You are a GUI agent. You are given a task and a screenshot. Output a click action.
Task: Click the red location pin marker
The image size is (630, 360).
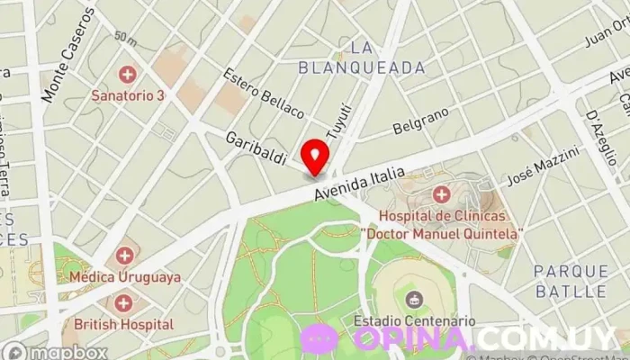315,156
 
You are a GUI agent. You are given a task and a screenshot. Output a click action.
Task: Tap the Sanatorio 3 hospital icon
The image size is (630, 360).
128,73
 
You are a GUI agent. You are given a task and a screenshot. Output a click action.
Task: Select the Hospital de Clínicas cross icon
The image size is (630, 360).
441,194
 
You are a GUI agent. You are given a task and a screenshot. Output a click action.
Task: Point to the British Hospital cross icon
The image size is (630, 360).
123,302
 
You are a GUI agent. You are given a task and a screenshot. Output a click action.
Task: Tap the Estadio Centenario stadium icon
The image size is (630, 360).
414,299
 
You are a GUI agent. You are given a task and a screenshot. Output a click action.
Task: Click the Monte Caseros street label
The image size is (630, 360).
66,54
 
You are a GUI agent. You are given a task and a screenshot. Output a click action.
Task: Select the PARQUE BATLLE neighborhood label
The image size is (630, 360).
570,281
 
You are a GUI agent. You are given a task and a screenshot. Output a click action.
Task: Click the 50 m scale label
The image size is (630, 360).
125,38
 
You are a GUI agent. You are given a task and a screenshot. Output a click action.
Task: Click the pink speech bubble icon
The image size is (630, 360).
319,338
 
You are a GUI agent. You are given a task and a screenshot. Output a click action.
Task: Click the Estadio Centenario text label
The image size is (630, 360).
414,320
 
